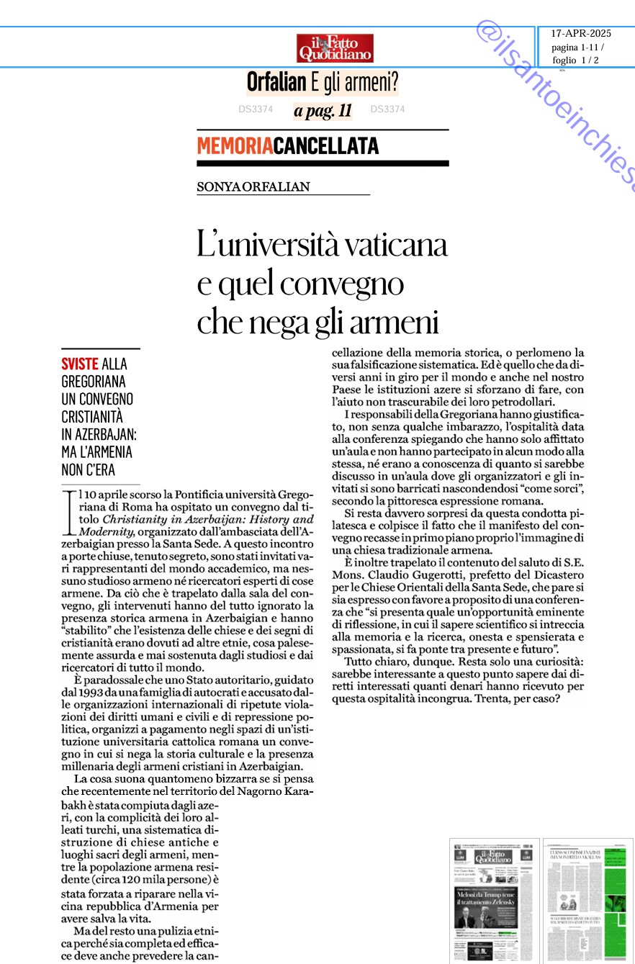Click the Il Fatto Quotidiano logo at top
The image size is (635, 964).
335,48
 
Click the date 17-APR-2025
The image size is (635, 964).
580,34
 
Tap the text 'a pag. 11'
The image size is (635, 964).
323,111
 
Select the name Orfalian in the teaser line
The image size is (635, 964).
276,83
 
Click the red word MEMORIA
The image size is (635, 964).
235,146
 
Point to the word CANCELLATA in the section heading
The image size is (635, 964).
326,146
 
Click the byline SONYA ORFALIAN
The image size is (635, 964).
253,187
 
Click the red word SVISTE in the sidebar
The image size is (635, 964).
79,365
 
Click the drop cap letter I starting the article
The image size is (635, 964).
69,512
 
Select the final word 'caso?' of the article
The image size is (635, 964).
544,698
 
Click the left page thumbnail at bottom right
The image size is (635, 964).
494,900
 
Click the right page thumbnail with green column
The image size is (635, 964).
588,900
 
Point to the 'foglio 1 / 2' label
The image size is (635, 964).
576,60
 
